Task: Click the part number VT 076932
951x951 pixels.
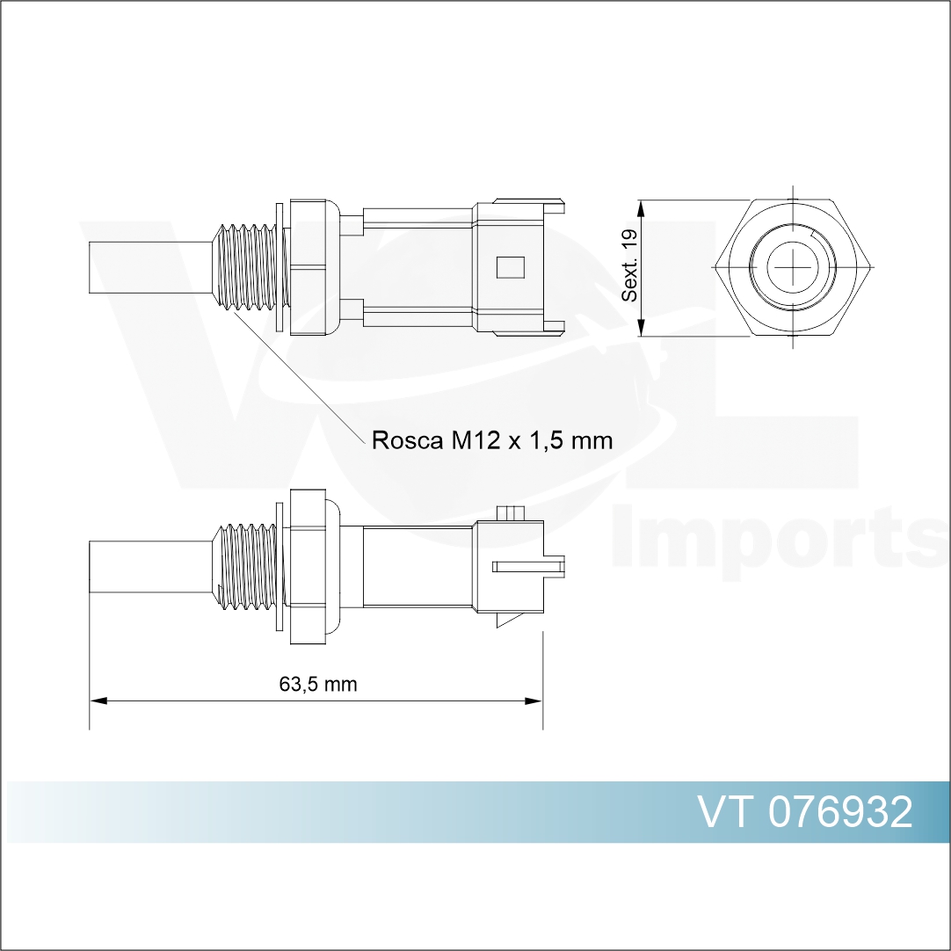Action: [805, 813]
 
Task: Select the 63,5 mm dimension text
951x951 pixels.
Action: [318, 685]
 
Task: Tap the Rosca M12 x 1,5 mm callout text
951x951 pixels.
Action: [491, 439]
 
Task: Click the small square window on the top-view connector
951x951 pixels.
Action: [510, 267]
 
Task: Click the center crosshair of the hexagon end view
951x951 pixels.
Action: [793, 267]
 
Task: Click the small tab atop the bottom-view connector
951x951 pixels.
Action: [511, 512]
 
